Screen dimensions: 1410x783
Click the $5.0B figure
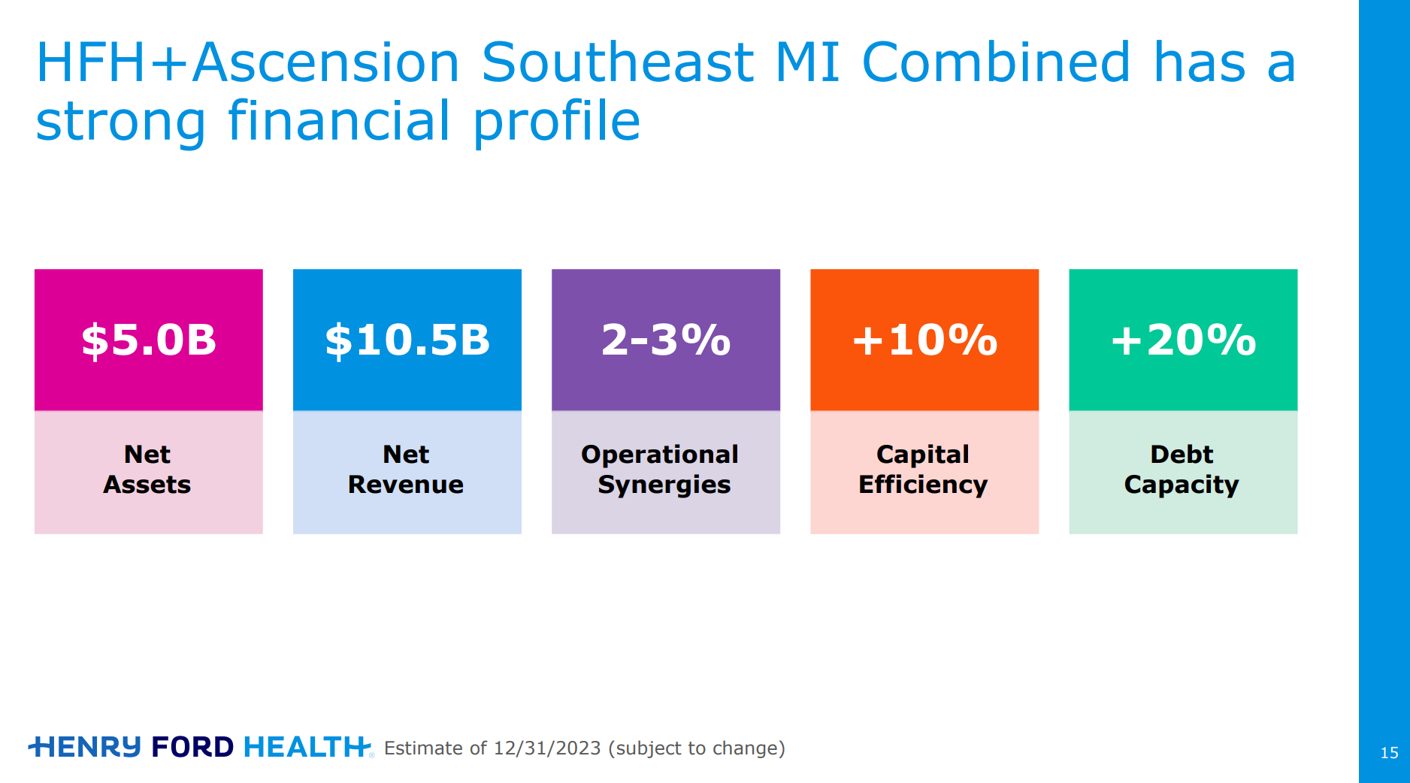tap(149, 340)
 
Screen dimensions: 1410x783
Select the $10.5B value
tap(407, 340)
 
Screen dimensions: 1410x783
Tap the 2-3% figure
tap(666, 340)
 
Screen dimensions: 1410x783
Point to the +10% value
tap(924, 340)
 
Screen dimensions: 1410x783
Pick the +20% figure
tap(1184, 340)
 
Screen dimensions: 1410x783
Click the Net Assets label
tap(147, 470)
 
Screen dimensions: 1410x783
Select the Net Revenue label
tap(406, 470)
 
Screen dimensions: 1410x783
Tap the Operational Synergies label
tap(660, 470)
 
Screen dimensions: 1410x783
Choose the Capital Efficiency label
tap(923, 470)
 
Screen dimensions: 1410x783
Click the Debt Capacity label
tap(1182, 470)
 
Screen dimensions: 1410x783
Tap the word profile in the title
tap(557, 122)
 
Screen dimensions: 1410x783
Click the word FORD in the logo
tap(192, 747)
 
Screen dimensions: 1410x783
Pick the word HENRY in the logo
tap(85, 747)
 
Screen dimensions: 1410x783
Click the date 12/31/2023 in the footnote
tap(547, 748)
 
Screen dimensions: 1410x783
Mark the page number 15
tap(1389, 753)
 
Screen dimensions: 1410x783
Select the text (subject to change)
tap(697, 748)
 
